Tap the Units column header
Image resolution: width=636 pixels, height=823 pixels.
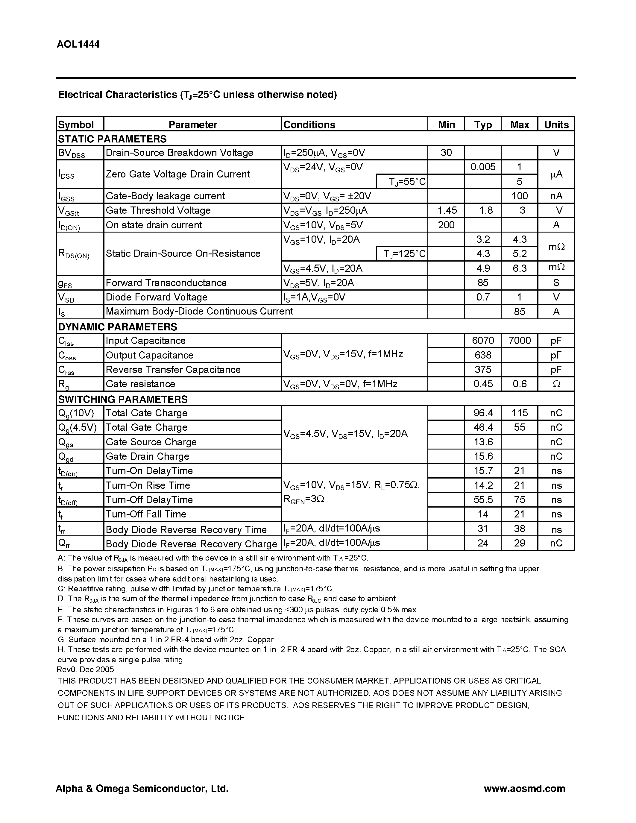click(556, 125)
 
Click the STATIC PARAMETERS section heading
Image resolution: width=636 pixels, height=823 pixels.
click(112, 139)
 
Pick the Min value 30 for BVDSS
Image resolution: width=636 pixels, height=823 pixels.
click(446, 153)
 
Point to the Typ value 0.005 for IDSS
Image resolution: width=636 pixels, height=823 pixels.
click(483, 167)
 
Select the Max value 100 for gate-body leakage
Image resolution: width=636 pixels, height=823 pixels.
click(519, 196)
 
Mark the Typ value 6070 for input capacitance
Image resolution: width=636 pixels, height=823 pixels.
click(483, 341)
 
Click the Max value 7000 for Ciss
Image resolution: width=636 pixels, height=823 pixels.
click(519, 341)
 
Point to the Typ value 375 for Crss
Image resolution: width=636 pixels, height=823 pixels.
click(483, 370)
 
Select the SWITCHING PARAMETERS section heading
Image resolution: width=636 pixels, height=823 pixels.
click(122, 399)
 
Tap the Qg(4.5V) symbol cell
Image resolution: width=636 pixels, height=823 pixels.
click(77, 427)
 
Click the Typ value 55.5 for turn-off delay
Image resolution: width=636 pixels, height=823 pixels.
click(483, 500)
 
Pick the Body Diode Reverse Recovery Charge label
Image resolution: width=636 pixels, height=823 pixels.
click(192, 544)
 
